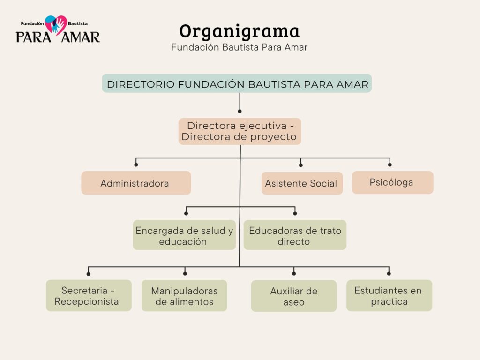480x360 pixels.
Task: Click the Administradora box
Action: (136, 183)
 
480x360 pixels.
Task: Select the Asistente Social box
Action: (302, 183)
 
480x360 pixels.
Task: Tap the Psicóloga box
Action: (392, 182)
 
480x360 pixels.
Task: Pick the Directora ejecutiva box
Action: (240, 131)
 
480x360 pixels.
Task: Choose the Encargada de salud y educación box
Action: (184, 235)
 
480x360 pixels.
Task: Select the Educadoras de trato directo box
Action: (295, 235)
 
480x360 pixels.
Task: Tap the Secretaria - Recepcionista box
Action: (89, 296)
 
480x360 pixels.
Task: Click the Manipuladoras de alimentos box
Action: (184, 296)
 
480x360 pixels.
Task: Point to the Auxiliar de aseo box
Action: (294, 296)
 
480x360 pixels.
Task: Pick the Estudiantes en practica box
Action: (389, 296)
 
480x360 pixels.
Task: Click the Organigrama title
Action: (239, 31)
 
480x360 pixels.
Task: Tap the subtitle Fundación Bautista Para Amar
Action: (239, 47)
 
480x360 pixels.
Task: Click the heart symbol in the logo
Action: (56, 24)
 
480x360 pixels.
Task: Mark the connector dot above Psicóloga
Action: (390, 165)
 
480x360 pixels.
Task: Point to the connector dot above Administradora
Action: (136, 165)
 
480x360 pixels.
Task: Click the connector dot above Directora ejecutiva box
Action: (240, 111)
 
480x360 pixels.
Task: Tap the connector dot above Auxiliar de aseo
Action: (294, 273)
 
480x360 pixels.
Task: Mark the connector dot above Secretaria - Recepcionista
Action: (89, 273)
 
